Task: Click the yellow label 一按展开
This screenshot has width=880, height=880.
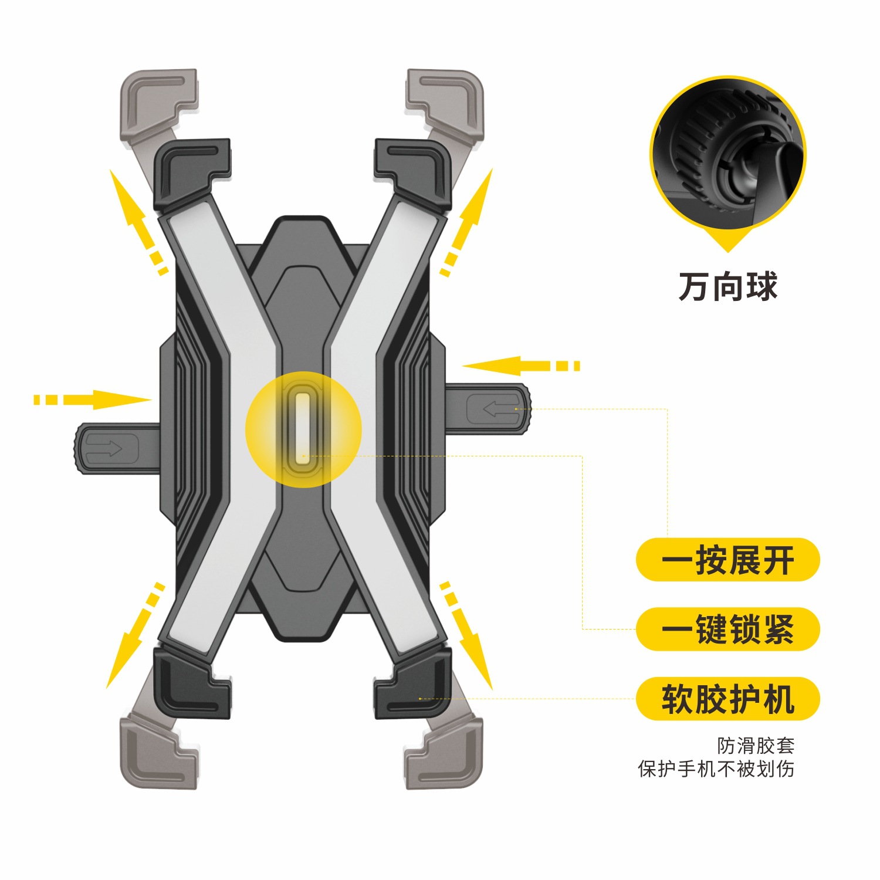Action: [x=727, y=560]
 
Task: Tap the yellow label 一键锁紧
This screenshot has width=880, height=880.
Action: [x=727, y=629]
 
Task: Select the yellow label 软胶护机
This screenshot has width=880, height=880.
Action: [x=727, y=699]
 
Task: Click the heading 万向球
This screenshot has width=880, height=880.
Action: [x=728, y=287]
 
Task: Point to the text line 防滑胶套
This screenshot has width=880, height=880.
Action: [x=756, y=746]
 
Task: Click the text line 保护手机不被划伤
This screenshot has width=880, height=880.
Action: [x=716, y=769]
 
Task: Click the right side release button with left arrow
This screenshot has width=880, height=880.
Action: [x=493, y=408]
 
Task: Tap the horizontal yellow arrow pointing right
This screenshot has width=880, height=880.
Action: [x=94, y=400]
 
